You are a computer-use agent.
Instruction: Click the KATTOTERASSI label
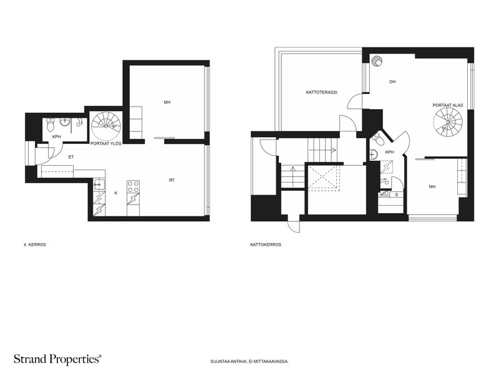[x=321, y=92]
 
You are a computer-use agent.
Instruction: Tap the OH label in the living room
[x=392, y=82]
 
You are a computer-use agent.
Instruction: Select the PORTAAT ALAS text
[x=448, y=105]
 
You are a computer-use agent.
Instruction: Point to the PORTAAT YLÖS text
[x=105, y=143]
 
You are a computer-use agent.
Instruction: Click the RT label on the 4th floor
[x=172, y=180]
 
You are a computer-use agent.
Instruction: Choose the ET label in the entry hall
[x=71, y=157]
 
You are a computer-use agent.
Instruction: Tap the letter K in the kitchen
[x=116, y=193]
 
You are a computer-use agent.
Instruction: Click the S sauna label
[x=397, y=194]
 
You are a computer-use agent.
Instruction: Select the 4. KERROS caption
[x=35, y=245]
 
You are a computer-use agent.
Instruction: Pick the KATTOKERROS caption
[x=266, y=245]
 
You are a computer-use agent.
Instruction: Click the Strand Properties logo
[x=58, y=359]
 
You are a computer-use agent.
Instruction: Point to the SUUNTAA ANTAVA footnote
[x=249, y=362]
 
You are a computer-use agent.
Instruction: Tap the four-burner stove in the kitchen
[x=133, y=186]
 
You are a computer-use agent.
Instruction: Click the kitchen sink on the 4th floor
[x=99, y=184]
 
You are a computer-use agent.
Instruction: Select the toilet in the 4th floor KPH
[x=51, y=125]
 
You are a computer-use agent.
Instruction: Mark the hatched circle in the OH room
[x=377, y=60]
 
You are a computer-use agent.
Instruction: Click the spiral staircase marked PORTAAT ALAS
[x=448, y=122]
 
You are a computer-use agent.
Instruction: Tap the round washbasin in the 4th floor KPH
[x=65, y=122]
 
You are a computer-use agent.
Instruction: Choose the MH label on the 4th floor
[x=167, y=102]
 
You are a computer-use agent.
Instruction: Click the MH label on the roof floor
[x=432, y=186]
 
